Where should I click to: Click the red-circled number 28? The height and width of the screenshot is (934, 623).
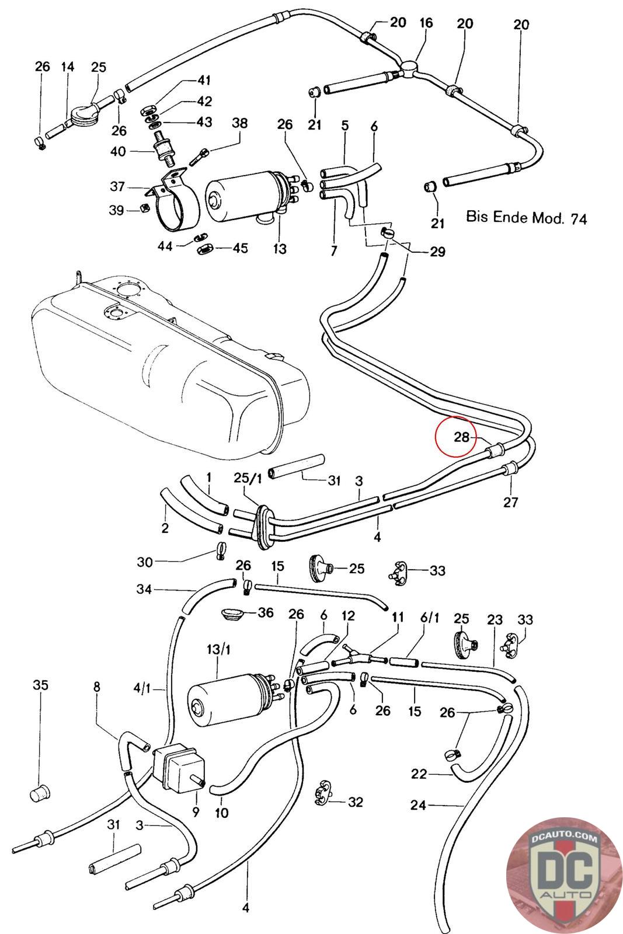[x=462, y=437]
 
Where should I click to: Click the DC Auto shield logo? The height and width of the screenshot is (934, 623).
[x=565, y=875]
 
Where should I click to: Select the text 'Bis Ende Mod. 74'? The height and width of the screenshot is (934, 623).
[x=526, y=218]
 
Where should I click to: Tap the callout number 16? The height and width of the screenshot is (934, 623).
[x=426, y=23]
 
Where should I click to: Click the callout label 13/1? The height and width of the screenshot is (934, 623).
[x=218, y=649]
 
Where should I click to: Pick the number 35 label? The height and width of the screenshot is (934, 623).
[x=40, y=685]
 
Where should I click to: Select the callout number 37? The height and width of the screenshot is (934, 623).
[x=117, y=186]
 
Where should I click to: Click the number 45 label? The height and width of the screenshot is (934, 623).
[x=240, y=248]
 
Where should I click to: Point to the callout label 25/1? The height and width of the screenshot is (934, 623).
[x=248, y=478]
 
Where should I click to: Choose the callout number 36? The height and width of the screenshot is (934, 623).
[x=265, y=612]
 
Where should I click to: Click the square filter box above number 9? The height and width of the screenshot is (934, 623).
[x=178, y=766]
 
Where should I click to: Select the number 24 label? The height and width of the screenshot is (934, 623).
[x=418, y=805]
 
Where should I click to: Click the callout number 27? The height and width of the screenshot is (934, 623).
[x=511, y=502]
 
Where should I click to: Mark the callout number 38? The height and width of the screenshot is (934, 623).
[x=240, y=123]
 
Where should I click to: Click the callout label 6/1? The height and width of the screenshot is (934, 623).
[x=429, y=618]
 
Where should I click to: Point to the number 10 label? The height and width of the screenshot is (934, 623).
[x=222, y=813]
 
